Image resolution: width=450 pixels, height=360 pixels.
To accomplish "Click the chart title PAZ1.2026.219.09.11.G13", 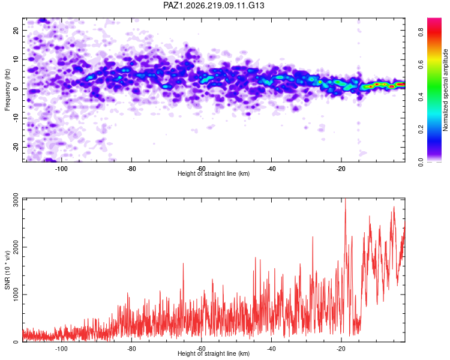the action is click(214, 5).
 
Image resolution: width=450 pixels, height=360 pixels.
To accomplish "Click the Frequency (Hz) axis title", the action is click(7, 90).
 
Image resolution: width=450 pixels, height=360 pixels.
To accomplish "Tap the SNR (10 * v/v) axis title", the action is click(7, 270).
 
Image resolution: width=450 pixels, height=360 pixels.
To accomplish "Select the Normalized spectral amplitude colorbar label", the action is click(445, 90).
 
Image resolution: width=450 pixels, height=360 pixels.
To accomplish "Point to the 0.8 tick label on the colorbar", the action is click(421, 32).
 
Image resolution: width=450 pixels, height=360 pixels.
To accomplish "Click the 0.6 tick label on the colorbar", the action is click(421, 65).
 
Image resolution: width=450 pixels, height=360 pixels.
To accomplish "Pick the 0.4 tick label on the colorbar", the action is click(421, 97).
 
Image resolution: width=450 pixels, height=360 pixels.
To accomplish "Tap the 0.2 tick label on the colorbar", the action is click(421, 130).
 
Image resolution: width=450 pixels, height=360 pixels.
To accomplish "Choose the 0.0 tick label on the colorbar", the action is click(421, 163).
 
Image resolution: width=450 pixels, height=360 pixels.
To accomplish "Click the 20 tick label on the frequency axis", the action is click(16, 30).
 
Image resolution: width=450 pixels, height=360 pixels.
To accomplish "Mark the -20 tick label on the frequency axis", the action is click(16, 147).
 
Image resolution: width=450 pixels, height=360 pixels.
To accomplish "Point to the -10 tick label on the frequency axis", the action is click(16, 118).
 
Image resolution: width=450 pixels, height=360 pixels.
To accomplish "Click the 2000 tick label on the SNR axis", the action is click(16, 247).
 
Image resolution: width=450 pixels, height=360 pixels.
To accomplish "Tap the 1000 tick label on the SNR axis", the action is click(16, 295).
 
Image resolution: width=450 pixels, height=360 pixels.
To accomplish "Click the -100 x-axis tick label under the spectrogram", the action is click(61, 169).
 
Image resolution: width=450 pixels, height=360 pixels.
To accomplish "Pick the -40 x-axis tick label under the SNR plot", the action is click(271, 349).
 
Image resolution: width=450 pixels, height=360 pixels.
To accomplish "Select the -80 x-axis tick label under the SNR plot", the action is click(131, 349).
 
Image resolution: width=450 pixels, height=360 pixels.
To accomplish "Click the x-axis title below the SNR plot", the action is click(214, 353).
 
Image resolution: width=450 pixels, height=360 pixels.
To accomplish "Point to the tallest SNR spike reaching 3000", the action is click(345, 199).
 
